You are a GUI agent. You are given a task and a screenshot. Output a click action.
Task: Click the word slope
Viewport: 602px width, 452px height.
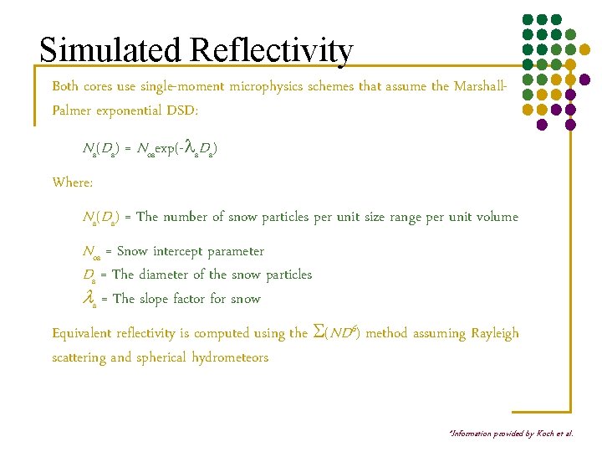tap(158, 299)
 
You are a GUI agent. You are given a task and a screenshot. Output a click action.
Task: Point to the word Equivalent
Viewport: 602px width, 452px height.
tap(83, 333)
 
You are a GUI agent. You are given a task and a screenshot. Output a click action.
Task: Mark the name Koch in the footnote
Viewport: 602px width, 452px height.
tap(548, 434)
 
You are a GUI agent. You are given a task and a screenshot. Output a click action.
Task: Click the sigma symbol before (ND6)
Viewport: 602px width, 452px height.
tap(317, 332)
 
